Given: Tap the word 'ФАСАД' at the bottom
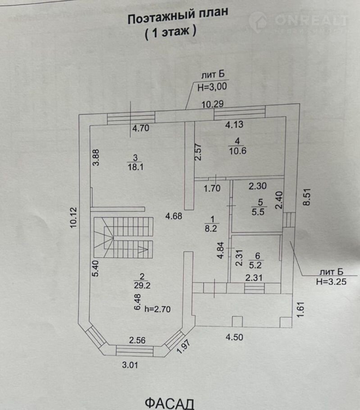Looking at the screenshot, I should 169,402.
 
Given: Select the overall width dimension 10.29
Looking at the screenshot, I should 212,105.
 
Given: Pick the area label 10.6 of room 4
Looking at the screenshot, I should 237,151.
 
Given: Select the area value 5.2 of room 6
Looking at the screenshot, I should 258,264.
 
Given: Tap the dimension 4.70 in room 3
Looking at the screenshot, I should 141,128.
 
